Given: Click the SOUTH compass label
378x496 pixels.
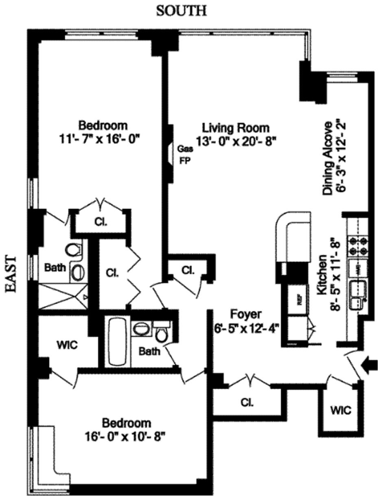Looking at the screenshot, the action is pos(181,11).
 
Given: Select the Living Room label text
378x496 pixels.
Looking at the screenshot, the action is pos(236,128).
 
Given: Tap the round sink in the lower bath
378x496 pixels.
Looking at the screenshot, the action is pos(141,328).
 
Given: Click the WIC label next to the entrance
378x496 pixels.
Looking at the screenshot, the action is pos(341,410).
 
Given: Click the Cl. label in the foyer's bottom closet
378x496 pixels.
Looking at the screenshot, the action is pos(247,403).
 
